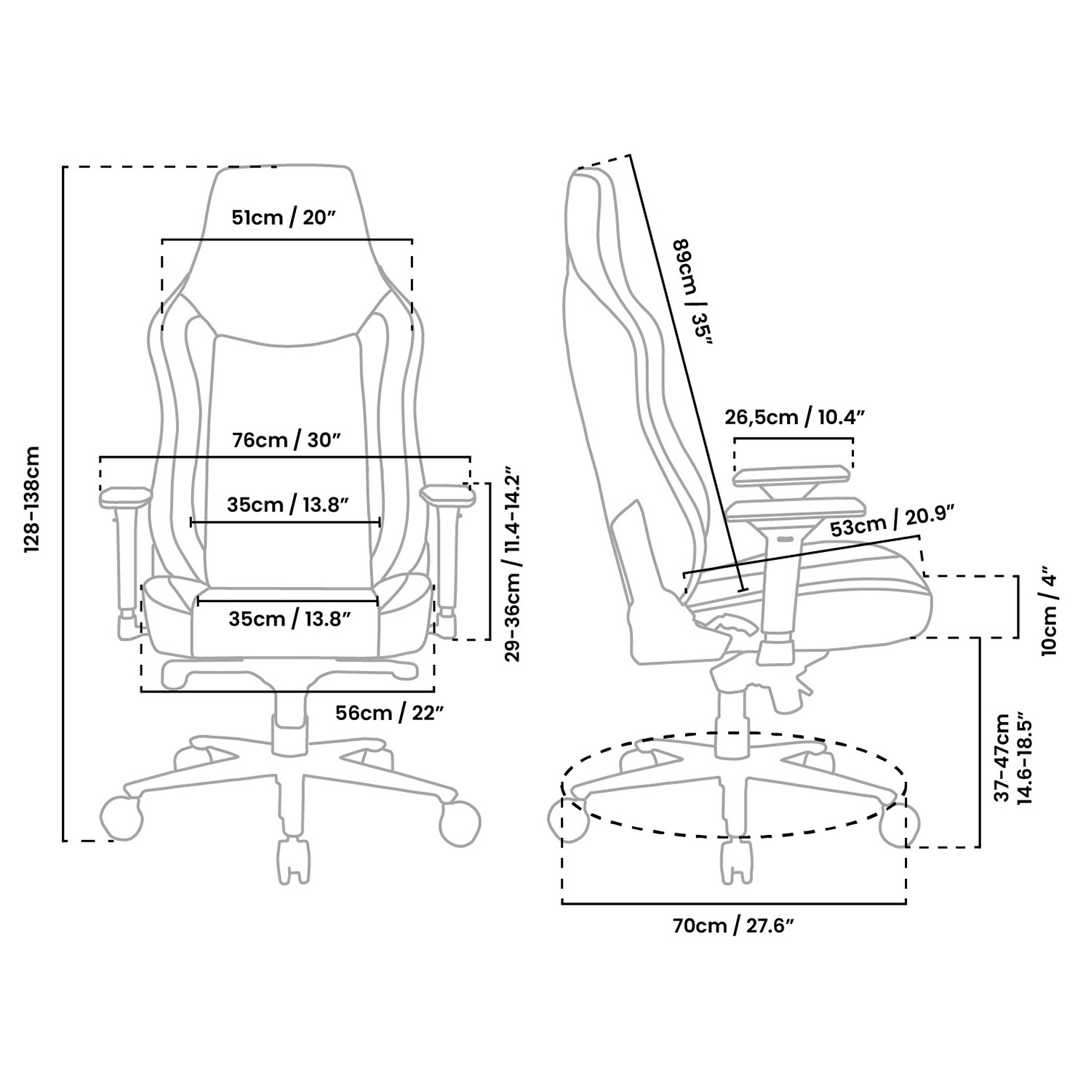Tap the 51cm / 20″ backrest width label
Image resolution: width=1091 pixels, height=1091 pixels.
tap(287, 217)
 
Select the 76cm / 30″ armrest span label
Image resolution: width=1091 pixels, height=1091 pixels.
tap(287, 440)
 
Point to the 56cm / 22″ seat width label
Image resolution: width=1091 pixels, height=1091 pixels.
tap(390, 713)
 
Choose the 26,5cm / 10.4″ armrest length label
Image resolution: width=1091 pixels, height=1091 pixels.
tap(794, 417)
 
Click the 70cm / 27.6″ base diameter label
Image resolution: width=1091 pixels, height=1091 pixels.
tap(732, 926)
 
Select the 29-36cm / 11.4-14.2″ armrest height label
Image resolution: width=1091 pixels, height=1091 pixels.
tap(513, 564)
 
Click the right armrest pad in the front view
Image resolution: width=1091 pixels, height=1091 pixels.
tap(447, 495)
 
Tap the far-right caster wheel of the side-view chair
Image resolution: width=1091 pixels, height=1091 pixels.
tap(900, 826)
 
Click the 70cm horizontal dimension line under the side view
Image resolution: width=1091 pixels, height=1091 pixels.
tap(734, 903)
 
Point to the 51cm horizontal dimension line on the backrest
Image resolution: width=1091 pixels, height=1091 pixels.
tap(287, 239)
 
